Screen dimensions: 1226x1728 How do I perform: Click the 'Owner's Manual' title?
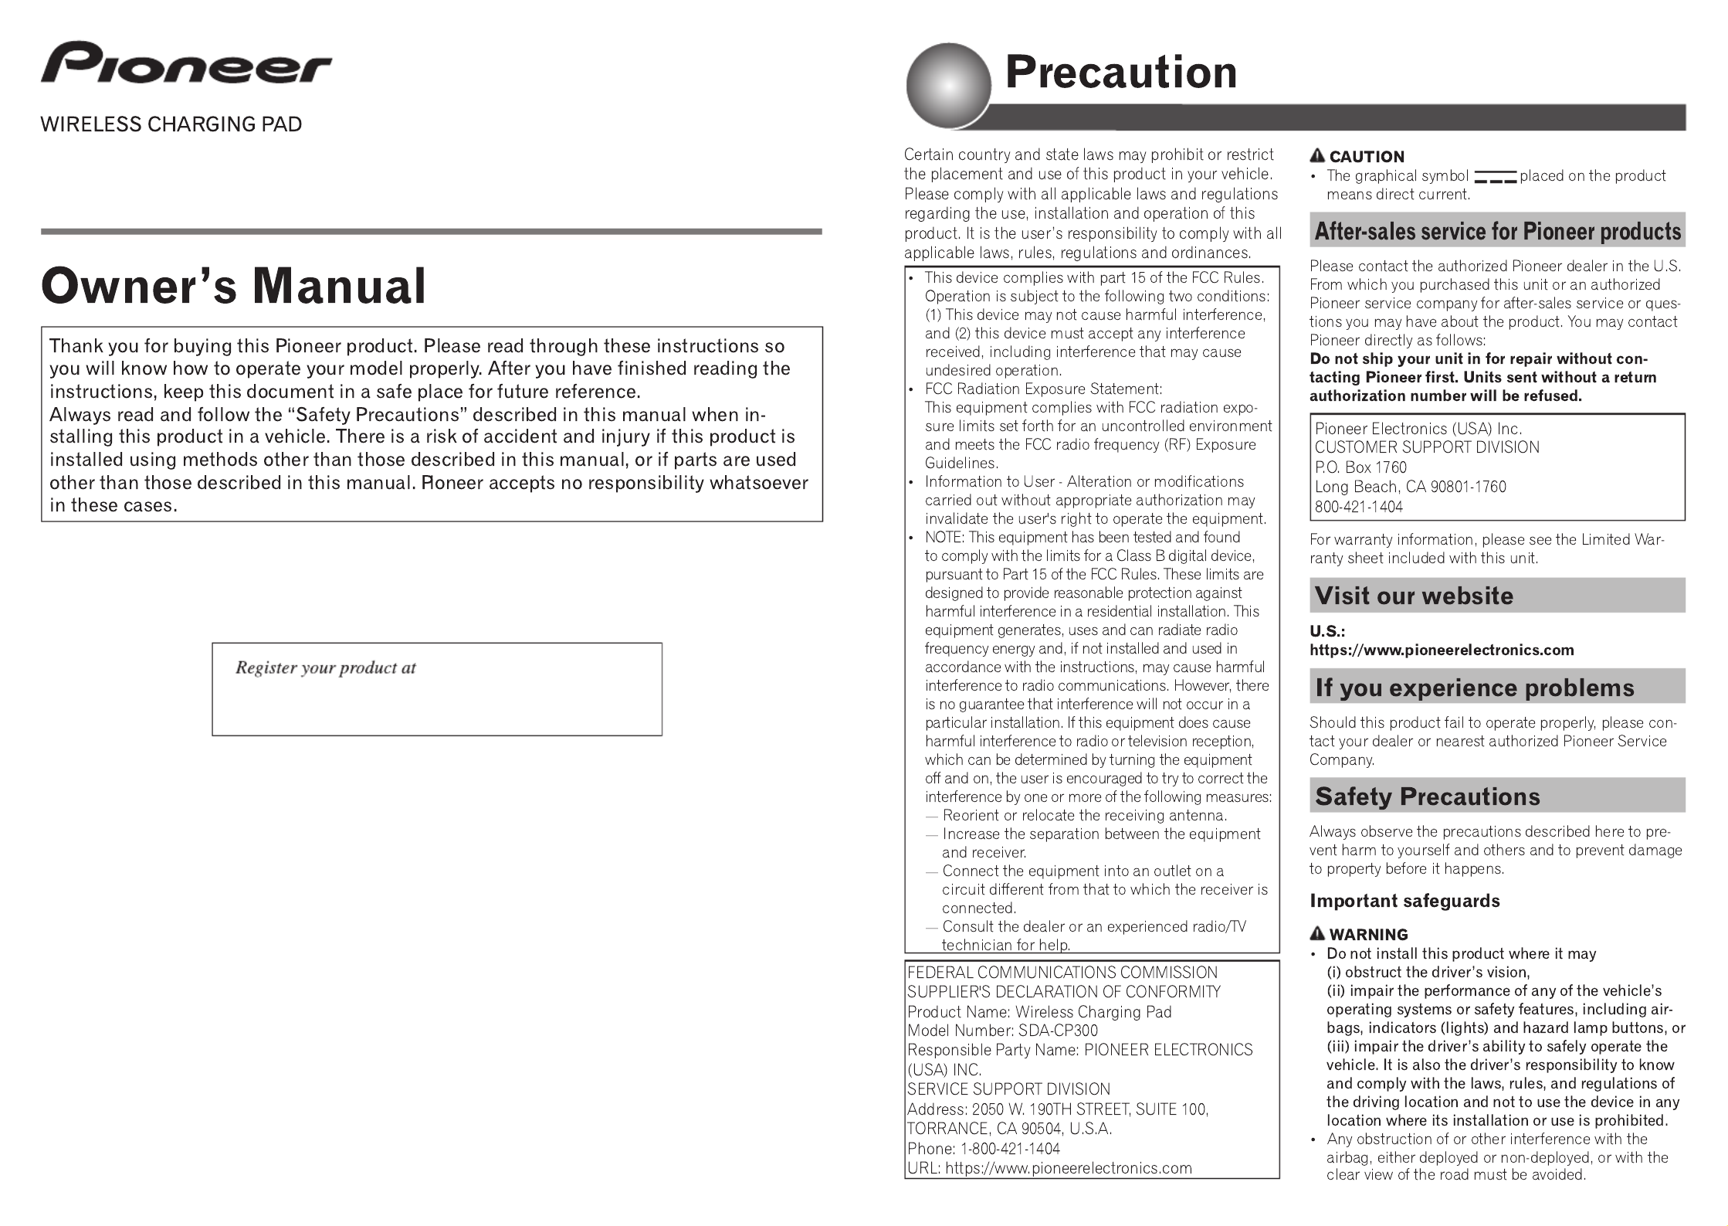click(233, 286)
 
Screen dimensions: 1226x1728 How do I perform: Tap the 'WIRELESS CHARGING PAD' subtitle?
click(171, 124)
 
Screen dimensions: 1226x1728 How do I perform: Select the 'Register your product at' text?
click(325, 668)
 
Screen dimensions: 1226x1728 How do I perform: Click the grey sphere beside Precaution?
click(947, 85)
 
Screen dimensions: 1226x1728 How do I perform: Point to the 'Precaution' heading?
click(1120, 72)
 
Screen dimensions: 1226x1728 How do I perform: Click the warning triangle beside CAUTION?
click(1318, 156)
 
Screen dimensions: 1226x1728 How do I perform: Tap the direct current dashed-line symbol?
click(1494, 177)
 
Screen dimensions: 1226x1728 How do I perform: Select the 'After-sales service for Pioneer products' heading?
click(1497, 231)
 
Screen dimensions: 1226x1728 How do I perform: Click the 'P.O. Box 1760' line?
click(1360, 467)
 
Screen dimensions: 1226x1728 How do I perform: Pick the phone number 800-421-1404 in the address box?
click(1358, 507)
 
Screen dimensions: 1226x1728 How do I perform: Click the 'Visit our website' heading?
click(1413, 596)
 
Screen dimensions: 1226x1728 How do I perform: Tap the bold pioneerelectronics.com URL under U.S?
click(1442, 650)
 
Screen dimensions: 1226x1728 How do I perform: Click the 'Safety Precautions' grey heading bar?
click(1497, 796)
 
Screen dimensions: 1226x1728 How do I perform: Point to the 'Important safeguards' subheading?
click(1404, 901)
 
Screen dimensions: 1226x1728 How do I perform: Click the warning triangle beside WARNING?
click(1318, 933)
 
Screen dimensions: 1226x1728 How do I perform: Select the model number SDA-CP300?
click(1058, 1031)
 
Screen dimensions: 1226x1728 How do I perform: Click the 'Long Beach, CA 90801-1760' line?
click(1410, 487)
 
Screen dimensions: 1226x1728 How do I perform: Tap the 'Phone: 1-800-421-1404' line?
click(984, 1149)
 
